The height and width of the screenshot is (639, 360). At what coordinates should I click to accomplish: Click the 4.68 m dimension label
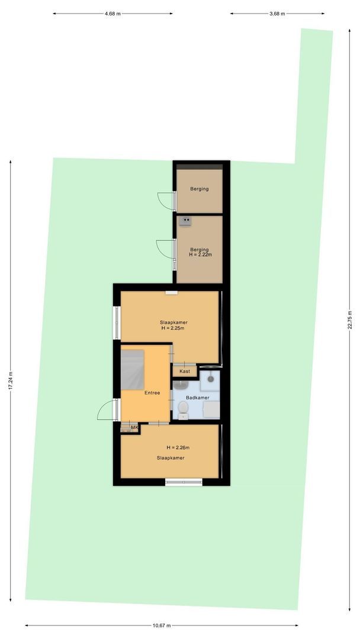click(x=112, y=13)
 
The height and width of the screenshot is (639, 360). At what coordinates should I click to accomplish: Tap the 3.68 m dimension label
click(x=277, y=13)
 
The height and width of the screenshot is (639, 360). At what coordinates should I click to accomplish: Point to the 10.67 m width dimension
click(x=161, y=625)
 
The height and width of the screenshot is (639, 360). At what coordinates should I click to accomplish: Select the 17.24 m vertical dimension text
click(x=10, y=380)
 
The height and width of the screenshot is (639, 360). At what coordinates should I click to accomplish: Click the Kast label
click(x=185, y=372)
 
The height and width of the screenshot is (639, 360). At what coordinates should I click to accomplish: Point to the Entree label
click(x=152, y=392)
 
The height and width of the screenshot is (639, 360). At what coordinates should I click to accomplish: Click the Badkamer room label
click(x=197, y=398)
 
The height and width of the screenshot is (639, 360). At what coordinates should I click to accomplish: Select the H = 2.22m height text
click(x=200, y=254)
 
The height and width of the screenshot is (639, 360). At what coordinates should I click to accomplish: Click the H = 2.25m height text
click(x=173, y=328)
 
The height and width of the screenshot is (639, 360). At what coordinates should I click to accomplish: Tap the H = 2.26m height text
click(x=178, y=447)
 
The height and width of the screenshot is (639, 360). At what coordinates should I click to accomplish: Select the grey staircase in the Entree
click(x=133, y=370)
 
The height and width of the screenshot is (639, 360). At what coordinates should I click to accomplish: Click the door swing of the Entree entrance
click(x=105, y=409)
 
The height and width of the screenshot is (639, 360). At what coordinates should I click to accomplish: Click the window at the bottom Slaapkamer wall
click(x=184, y=482)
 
